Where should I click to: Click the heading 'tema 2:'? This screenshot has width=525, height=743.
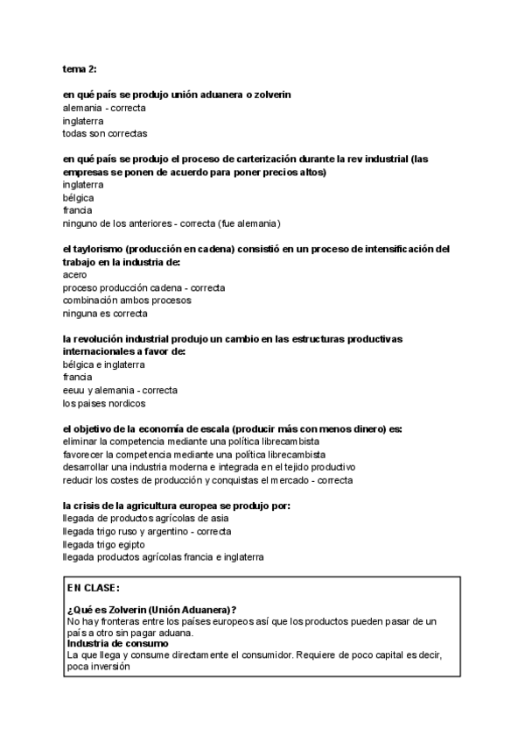pos(80,68)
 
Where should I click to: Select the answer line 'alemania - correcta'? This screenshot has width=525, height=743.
pos(104,108)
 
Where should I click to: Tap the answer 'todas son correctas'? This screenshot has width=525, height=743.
pos(105,133)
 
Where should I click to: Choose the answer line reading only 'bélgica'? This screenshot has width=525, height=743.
pos(79,198)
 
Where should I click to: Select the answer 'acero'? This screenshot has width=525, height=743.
pos(75,274)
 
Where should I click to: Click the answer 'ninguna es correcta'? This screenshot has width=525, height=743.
pos(105,313)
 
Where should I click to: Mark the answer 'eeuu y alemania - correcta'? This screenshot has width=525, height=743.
pos(121,390)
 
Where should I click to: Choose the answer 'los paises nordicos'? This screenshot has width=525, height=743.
pos(104,403)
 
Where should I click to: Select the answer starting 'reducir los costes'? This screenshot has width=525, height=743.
pos(208,480)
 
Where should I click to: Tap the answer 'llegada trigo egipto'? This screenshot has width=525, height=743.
pos(104,544)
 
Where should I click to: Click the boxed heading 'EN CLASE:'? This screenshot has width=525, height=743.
pos(94,587)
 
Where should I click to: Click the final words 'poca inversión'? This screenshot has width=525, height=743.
pos(98,665)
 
